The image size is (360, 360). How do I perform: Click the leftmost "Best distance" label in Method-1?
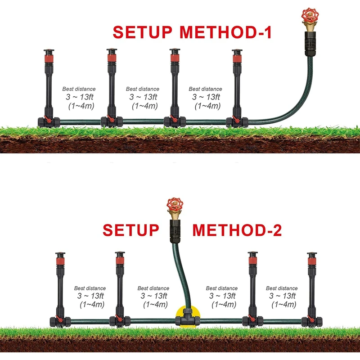(79, 89)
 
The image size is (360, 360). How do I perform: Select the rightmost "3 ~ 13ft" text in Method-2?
(282, 296)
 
